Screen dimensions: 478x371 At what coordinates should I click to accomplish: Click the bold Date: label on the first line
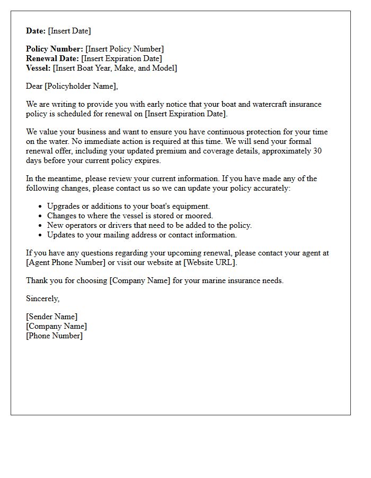coord(36,31)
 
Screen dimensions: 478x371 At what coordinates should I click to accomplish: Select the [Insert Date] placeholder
coord(69,31)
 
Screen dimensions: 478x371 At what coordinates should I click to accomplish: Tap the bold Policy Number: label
coord(55,49)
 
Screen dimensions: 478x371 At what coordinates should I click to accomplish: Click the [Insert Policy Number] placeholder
coord(125,49)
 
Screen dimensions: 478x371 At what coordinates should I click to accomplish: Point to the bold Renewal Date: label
coord(52,58)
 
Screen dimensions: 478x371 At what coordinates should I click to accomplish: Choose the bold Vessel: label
coord(39,68)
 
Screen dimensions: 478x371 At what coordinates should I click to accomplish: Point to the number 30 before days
coord(316,151)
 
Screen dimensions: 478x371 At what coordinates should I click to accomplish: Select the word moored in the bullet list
coord(198,216)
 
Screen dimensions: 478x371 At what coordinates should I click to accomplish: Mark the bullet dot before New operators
coord(41,225)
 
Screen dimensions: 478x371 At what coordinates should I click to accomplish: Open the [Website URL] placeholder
coord(209,262)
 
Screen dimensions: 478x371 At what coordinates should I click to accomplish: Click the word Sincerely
coord(42,298)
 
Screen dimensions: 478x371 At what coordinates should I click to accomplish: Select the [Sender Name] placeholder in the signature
coord(51,317)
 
